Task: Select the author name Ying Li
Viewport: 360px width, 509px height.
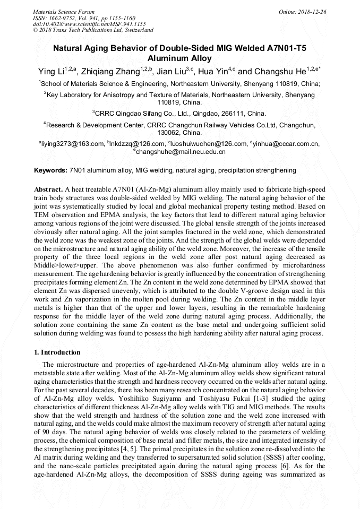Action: (52, 72)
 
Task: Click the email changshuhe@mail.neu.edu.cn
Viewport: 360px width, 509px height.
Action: (181, 152)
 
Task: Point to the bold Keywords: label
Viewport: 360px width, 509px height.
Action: (50, 170)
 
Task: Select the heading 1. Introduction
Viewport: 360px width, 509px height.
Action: (57, 352)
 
